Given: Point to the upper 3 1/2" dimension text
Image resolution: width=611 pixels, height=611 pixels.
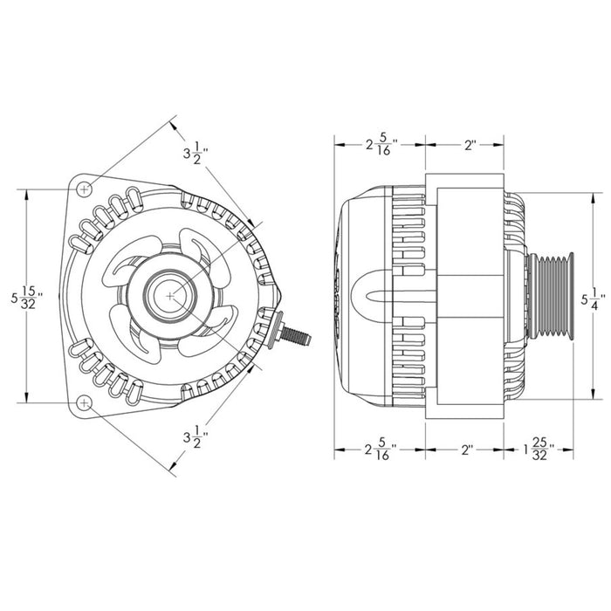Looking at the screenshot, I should tap(193, 154).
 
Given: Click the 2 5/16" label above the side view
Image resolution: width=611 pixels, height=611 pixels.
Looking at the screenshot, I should tap(380, 145).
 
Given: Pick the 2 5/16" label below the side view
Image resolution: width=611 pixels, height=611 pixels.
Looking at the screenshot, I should tap(380, 451).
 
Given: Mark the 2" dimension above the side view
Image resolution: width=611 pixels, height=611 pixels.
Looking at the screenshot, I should tap(469, 145).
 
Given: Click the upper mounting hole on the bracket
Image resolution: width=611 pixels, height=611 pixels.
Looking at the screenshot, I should tap(83, 189).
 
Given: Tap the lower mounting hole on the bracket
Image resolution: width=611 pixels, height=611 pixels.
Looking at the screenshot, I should tap(83, 402).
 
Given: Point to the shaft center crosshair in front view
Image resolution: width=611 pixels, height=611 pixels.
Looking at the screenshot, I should tap(168, 297).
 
